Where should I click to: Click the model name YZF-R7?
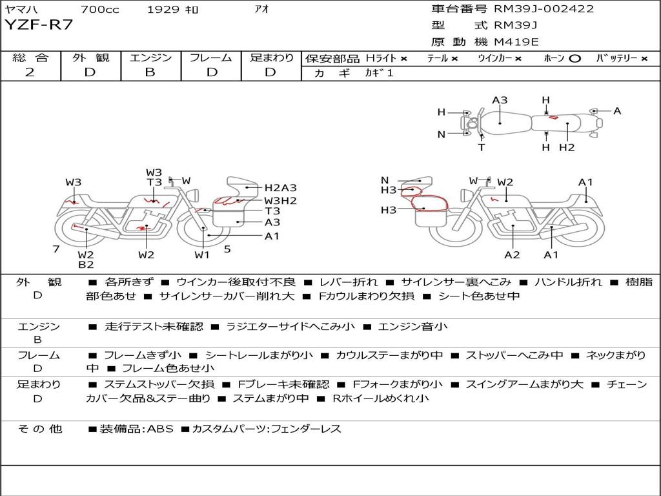(39, 25)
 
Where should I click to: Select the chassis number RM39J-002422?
(544, 9)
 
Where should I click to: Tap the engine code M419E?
(516, 42)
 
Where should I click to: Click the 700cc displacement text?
(99, 9)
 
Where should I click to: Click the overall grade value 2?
(30, 72)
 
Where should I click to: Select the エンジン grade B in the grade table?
(150, 72)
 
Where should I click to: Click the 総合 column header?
(30, 58)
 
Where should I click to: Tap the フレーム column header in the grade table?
(210, 58)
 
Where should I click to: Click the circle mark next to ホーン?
(575, 58)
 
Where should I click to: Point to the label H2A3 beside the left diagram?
(280, 188)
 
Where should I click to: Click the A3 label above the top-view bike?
(500, 100)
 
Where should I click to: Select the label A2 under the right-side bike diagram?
(512, 255)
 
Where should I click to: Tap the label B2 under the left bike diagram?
(86, 264)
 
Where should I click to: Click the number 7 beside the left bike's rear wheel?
(56, 249)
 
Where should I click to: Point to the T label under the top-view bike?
(482, 147)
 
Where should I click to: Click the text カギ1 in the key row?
(379, 73)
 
